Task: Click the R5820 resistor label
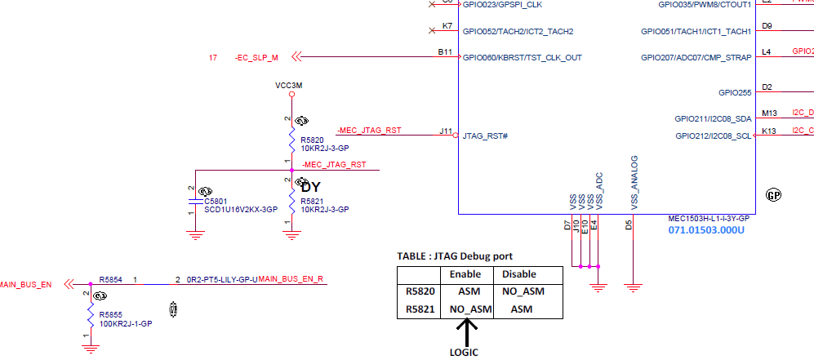click(x=312, y=140)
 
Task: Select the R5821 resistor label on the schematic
click(x=312, y=201)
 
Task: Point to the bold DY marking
click(x=311, y=186)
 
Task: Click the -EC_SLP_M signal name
click(x=256, y=57)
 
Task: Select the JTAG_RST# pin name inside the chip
click(x=486, y=135)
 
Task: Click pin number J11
click(x=445, y=130)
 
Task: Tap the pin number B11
click(x=445, y=52)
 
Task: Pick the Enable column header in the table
click(x=465, y=274)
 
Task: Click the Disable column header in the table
click(x=519, y=274)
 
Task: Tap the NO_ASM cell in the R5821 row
click(x=471, y=309)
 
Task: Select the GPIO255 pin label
click(x=734, y=93)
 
